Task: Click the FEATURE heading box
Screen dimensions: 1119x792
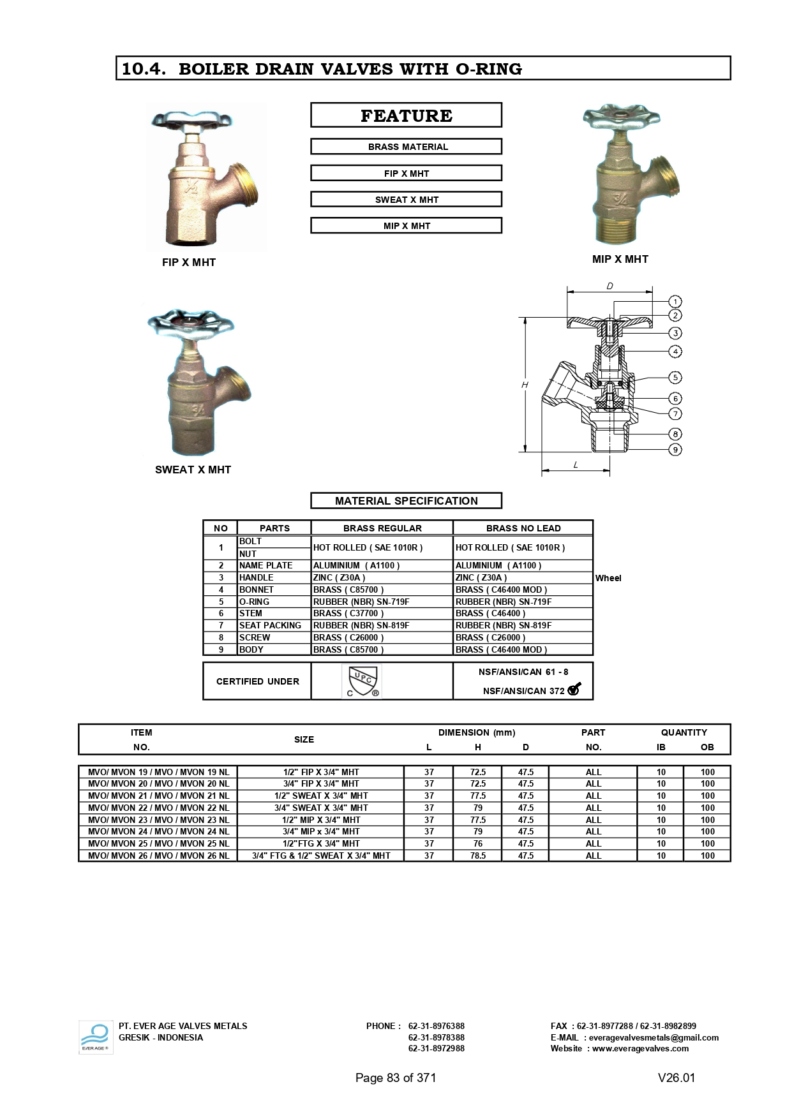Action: pyautogui.click(x=406, y=115)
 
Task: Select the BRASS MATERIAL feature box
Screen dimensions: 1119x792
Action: pyautogui.click(x=406, y=147)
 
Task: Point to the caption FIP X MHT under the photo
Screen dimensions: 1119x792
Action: pyautogui.click(x=189, y=262)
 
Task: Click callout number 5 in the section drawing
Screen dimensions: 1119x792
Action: pyautogui.click(x=675, y=378)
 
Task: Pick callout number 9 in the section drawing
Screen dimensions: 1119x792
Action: pyautogui.click(x=675, y=450)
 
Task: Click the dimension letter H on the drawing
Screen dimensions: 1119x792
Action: pyautogui.click(x=525, y=385)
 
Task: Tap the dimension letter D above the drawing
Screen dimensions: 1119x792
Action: pyautogui.click(x=609, y=286)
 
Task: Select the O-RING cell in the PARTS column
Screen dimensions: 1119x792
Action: pyautogui.click(x=274, y=602)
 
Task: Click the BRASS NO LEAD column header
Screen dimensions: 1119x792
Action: pyautogui.click(x=523, y=528)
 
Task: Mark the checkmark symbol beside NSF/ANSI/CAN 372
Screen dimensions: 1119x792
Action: pyautogui.click(x=574, y=689)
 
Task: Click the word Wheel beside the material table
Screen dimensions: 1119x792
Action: pyautogui.click(x=608, y=578)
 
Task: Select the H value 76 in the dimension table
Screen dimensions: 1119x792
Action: pyautogui.click(x=477, y=843)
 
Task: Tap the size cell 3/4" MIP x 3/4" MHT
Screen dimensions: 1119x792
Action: pyautogui.click(x=321, y=831)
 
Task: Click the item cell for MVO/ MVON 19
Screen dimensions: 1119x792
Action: pyautogui.click(x=158, y=772)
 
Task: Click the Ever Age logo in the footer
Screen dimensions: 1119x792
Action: pyautogui.click(x=95, y=1037)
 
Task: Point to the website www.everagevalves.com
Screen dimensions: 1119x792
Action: pyautogui.click(x=640, y=1048)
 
